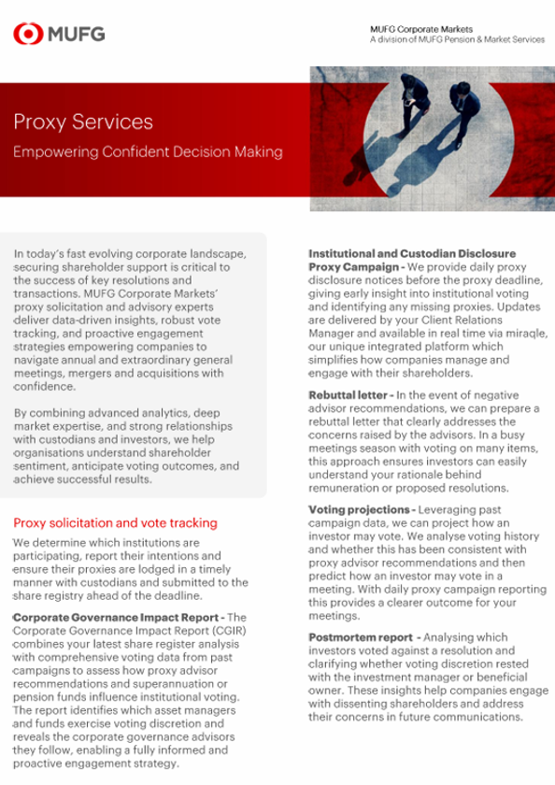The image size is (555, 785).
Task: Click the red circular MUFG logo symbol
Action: pyautogui.click(x=29, y=35)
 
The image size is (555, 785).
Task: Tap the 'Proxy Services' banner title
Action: pyautogui.click(x=83, y=121)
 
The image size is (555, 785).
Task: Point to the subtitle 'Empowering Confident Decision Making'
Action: pyautogui.click(x=148, y=151)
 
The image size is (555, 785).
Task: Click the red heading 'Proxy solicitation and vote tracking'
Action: pyautogui.click(x=115, y=522)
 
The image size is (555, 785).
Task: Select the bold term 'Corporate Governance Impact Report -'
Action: pyautogui.click(x=118, y=618)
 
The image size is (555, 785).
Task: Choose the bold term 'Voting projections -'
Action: pyautogui.click(x=362, y=509)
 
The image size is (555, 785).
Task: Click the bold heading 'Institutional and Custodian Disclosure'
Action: pyautogui.click(x=412, y=254)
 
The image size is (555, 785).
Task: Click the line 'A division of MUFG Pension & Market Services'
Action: pyautogui.click(x=456, y=40)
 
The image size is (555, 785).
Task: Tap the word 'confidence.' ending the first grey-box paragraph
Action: pyautogui.click(x=45, y=386)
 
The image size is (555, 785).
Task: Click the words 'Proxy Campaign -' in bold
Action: pyautogui.click(x=356, y=267)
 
